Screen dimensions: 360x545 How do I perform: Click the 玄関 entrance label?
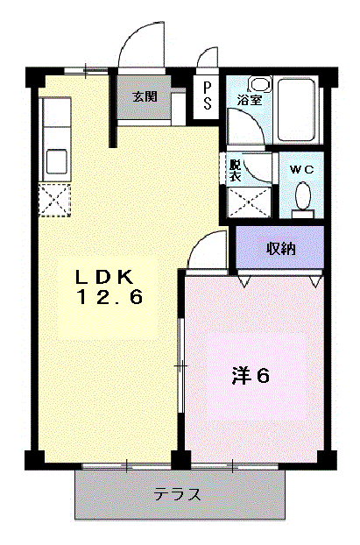click(x=145, y=96)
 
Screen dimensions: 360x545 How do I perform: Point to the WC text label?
click(x=302, y=170)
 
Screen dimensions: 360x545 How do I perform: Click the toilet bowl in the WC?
click(x=303, y=197)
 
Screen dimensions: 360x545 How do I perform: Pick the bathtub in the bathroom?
click(x=298, y=110)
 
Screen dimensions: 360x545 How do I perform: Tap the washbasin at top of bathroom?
click(x=259, y=85)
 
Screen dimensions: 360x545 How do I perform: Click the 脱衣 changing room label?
click(x=235, y=171)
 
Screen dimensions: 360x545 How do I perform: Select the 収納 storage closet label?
click(x=281, y=249)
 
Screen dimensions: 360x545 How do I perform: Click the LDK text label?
click(x=105, y=277)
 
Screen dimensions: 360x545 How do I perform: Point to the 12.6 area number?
click(x=109, y=297)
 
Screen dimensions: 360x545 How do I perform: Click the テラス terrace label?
click(x=177, y=494)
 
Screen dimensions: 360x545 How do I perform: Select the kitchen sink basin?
click(x=57, y=160)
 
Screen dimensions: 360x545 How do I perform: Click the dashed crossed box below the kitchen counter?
click(x=54, y=200)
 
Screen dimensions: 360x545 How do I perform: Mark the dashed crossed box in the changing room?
click(x=249, y=202)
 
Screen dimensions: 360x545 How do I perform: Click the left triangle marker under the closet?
click(x=244, y=281)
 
